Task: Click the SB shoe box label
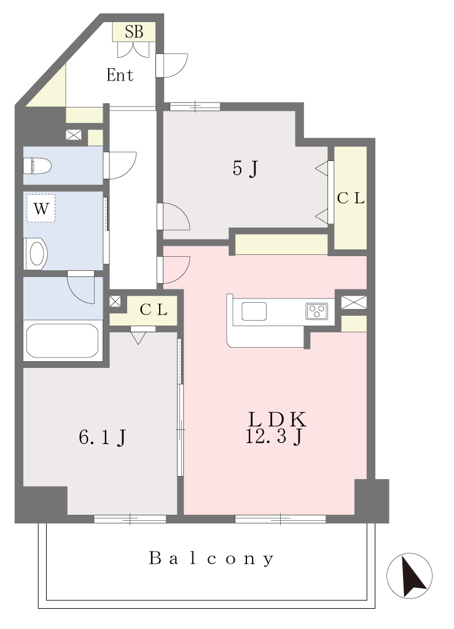tap(133, 32)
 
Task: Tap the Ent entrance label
tap(120, 75)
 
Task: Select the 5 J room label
tap(245, 168)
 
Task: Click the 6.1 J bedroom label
tap(102, 437)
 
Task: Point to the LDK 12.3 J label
tap(276, 428)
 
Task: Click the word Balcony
tap(211, 558)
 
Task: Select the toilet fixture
tap(37, 166)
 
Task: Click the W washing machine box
tap(41, 208)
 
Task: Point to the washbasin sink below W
tap(36, 254)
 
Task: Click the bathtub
tap(62, 340)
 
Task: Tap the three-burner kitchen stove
tap(317, 311)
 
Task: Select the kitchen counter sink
tap(254, 311)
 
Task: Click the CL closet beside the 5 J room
tap(351, 198)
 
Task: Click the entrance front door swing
tap(171, 65)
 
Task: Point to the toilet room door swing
tap(120, 165)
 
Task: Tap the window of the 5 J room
tap(195, 106)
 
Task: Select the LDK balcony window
tap(280, 519)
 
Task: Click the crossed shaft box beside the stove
tap(354, 302)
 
